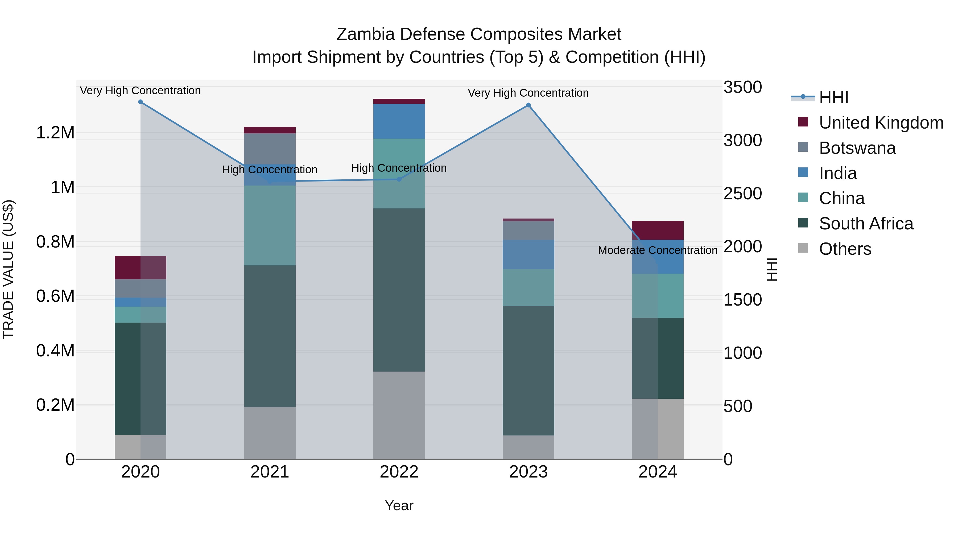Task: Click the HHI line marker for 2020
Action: tap(140, 102)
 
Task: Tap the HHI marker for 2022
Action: tap(399, 179)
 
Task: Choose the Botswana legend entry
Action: tap(857, 148)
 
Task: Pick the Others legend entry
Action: tap(845, 249)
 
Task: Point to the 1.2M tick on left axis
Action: tap(55, 133)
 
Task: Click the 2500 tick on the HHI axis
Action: tap(742, 194)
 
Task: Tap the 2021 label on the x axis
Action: tap(270, 472)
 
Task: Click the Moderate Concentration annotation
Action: tap(658, 250)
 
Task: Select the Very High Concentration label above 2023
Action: tap(528, 93)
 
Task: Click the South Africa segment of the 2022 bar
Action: tap(399, 290)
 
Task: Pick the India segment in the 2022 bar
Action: tap(399, 121)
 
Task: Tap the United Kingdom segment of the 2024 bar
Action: tap(658, 230)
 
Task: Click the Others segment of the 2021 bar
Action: tap(270, 433)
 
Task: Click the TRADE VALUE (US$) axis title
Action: tap(8, 269)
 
